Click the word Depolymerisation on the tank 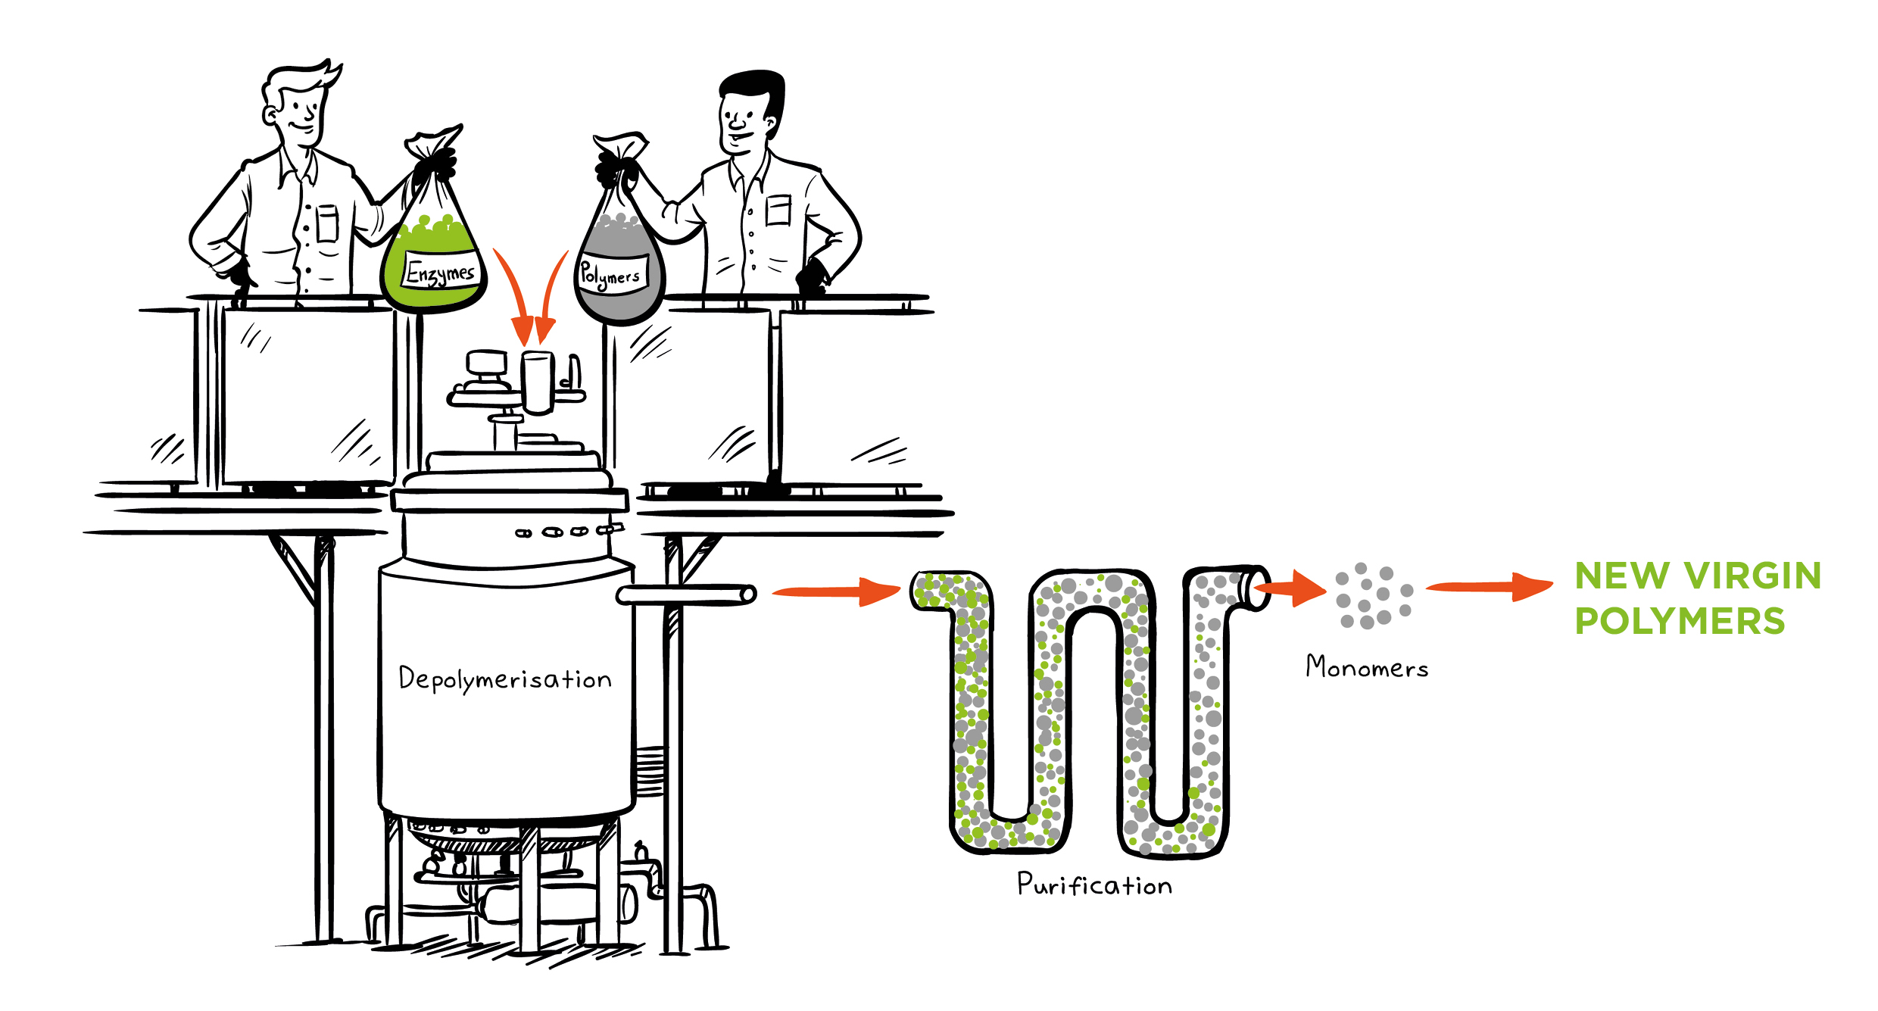click(505, 679)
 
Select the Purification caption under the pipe click(1094, 885)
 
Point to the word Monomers click(1367, 667)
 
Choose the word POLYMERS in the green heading click(1680, 622)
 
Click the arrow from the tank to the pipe click(837, 591)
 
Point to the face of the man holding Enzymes click(299, 114)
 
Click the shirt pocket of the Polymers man click(778, 210)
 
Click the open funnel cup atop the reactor click(538, 381)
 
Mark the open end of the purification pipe click(1258, 588)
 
